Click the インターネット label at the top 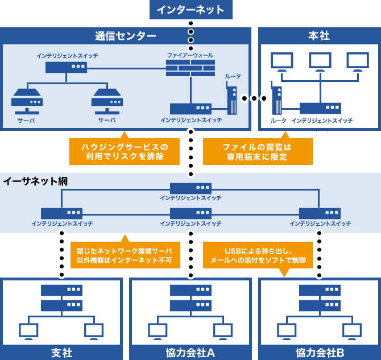coord(190,10)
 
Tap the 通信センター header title coord(125,36)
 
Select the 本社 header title coord(318,36)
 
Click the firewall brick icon coord(190,68)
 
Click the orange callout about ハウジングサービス coord(122,151)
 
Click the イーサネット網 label coord(35,181)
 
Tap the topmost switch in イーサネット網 coord(191,188)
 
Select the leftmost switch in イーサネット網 coord(61,213)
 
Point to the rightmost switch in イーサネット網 coord(320,213)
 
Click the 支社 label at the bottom coord(61,353)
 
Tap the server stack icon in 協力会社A coord(191,297)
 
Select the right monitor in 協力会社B coord(352,330)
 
